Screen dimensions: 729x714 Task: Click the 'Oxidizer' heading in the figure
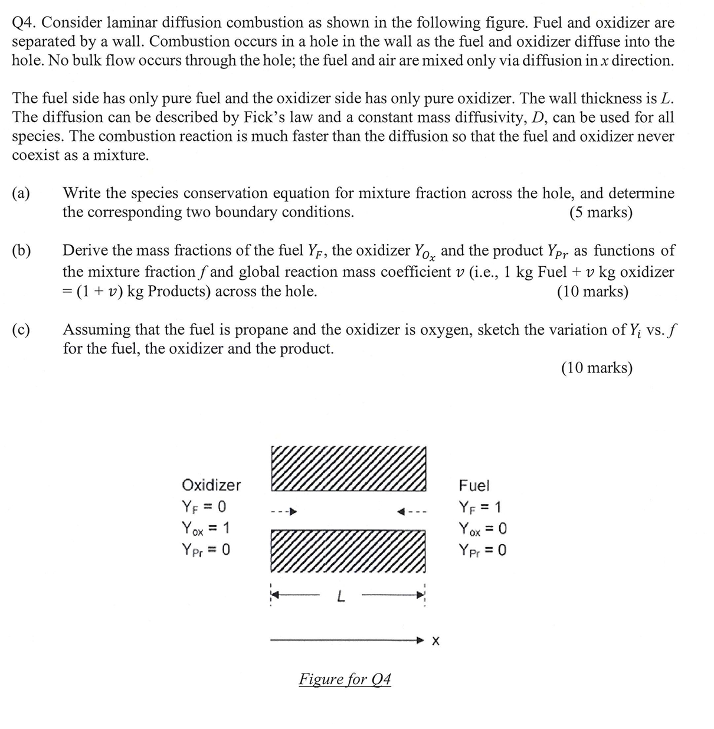[x=211, y=485]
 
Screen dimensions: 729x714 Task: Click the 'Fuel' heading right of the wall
[x=474, y=486]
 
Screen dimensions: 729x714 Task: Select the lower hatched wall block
[x=348, y=551]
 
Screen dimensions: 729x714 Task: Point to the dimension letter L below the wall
[x=340, y=597]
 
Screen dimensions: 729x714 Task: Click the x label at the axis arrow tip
[x=435, y=641]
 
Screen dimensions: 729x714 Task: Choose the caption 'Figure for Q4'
[x=345, y=679]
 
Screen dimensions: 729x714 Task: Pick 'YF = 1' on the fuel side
[x=480, y=507]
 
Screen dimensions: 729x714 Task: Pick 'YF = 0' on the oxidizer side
[x=204, y=507]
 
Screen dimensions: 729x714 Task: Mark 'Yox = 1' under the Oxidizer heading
[x=206, y=528]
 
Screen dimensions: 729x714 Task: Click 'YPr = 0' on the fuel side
[x=482, y=550]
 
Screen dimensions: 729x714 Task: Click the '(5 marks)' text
[x=601, y=213]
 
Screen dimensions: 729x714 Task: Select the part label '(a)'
[x=22, y=194]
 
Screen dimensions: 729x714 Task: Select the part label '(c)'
[x=22, y=330]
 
